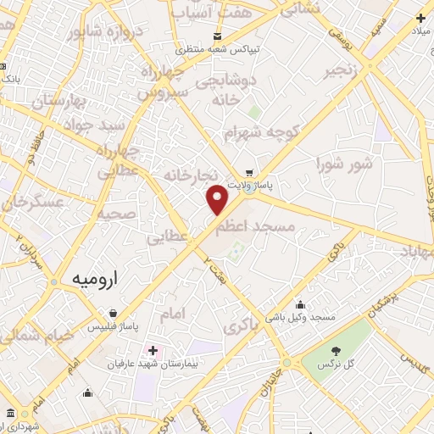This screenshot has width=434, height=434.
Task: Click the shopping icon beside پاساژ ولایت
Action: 248,169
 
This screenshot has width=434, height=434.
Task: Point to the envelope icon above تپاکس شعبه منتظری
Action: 218,36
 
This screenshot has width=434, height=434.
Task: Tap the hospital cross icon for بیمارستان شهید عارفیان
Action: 153,350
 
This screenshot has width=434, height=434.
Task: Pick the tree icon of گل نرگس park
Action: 337,350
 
